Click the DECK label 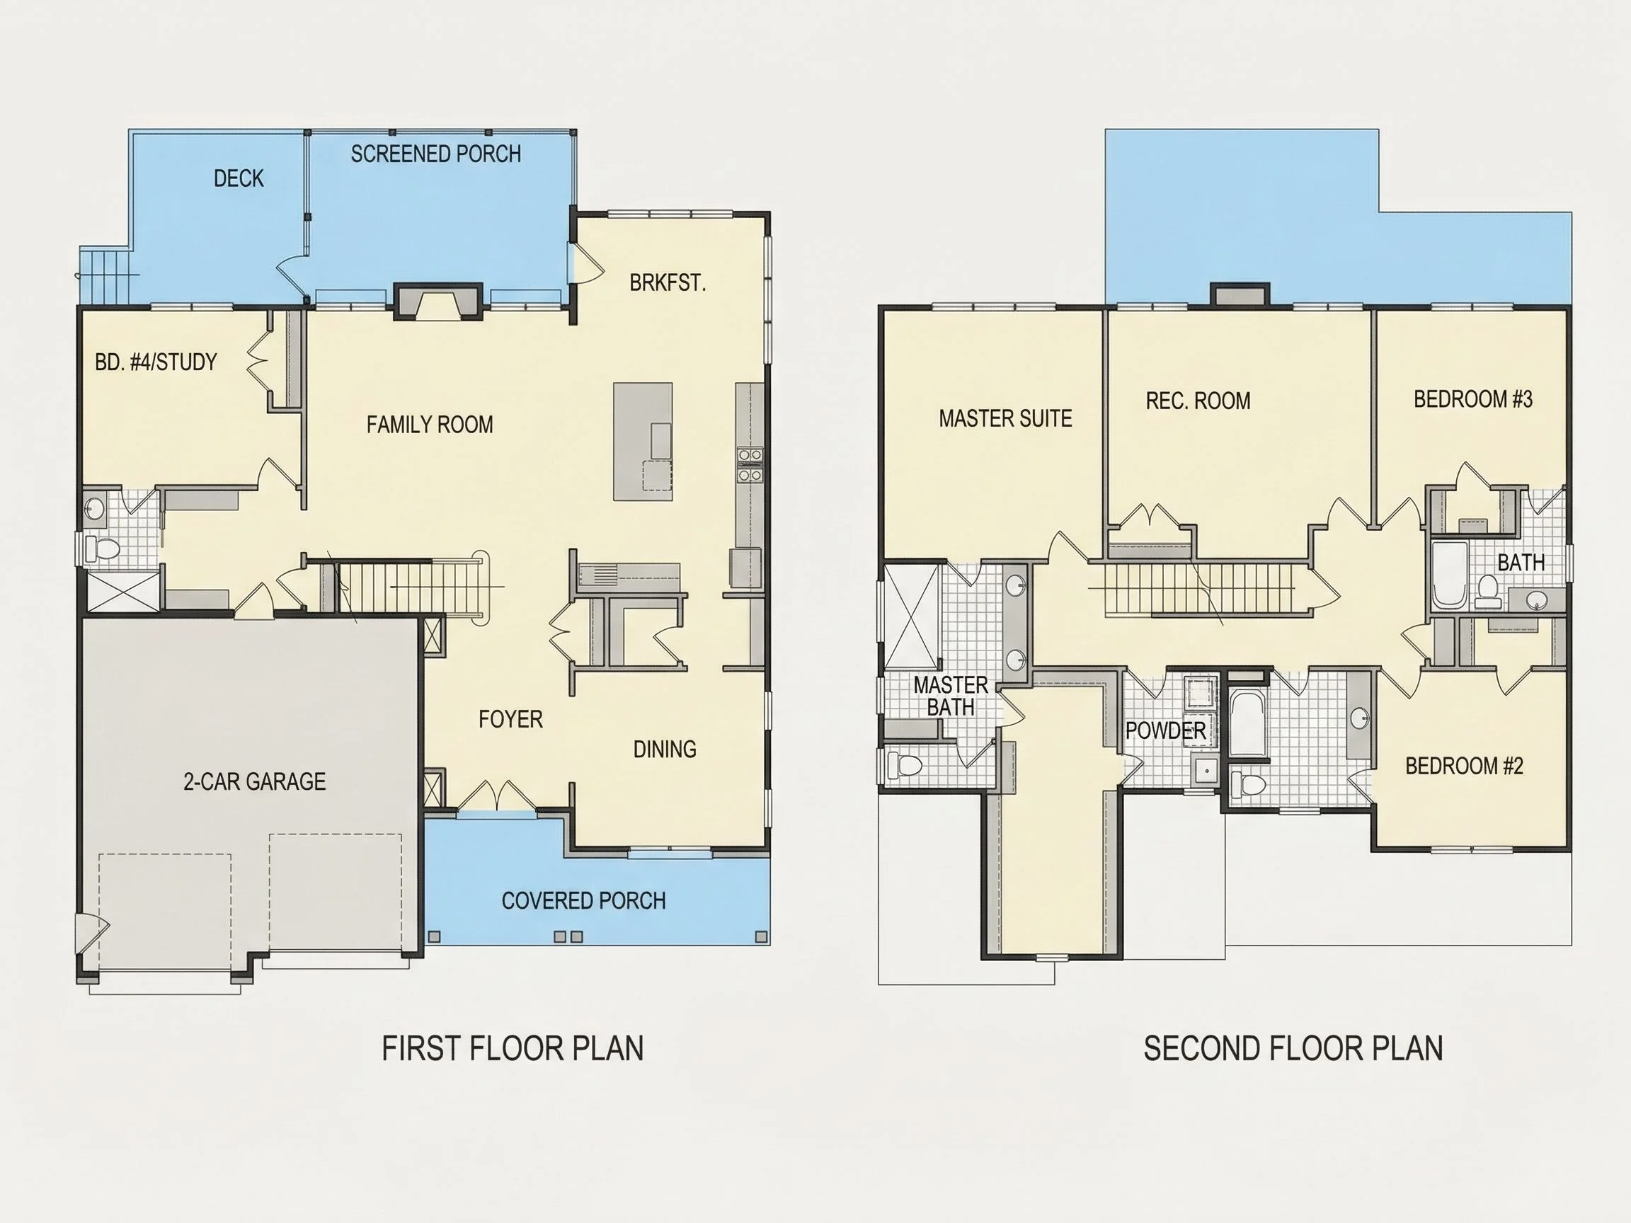coord(238,178)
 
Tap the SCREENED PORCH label coord(436,154)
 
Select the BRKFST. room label coord(668,283)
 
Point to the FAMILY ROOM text coord(430,425)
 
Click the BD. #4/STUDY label coord(156,362)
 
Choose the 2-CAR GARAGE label coord(254,781)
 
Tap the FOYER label coord(510,720)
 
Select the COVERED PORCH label coord(583,901)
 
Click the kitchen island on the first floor coord(643,442)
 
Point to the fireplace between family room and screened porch coord(437,302)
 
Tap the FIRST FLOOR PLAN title coord(513,1049)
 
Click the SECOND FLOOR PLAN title coord(1293,1049)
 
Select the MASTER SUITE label coord(1005,419)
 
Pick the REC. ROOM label coord(1198,401)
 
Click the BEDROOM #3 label coord(1473,400)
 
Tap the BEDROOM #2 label coord(1464,766)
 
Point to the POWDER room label coord(1166,731)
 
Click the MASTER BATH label coord(951,696)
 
